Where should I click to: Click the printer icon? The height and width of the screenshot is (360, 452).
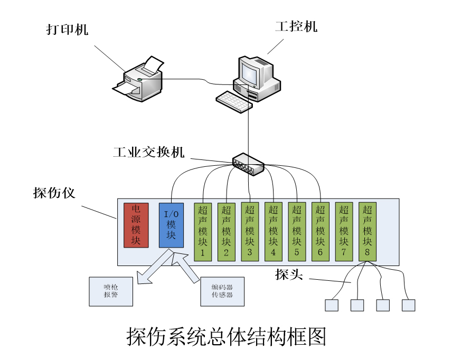(x=138, y=79)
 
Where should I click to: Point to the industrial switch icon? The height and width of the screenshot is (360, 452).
(x=248, y=164)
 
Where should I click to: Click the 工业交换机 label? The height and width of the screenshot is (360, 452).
(x=149, y=153)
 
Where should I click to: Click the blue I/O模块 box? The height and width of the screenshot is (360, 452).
(x=171, y=225)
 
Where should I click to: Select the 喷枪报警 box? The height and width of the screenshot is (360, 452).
(x=111, y=291)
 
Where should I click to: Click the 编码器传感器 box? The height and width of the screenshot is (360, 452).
(x=222, y=291)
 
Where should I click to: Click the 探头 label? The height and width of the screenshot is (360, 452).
(x=289, y=274)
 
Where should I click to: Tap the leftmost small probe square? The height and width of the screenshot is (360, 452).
(x=332, y=305)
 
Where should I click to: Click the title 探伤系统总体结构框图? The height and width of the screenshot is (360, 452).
(x=226, y=337)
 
